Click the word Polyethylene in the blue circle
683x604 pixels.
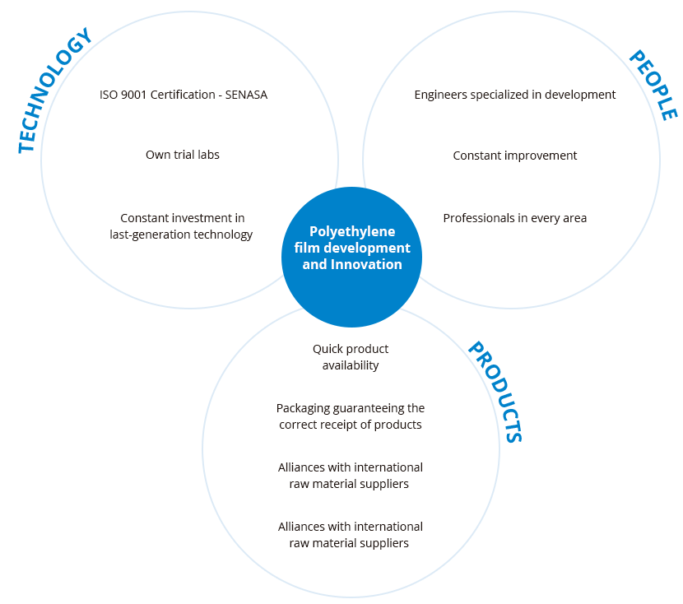click(x=351, y=232)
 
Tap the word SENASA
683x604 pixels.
click(x=244, y=95)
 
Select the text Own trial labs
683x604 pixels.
click(x=183, y=155)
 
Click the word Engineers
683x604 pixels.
click(x=443, y=95)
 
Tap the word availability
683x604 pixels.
click(x=351, y=365)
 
